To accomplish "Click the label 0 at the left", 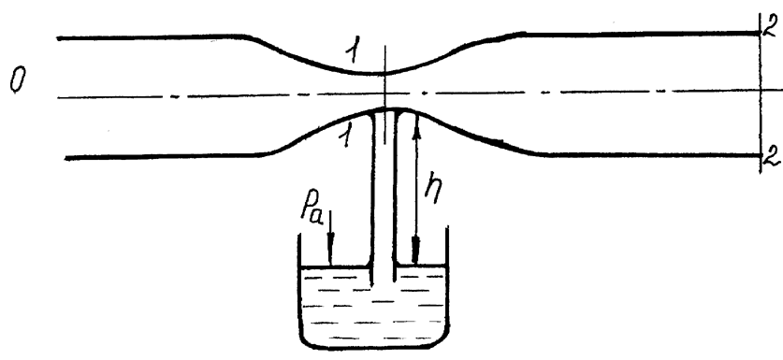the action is click(x=17, y=81).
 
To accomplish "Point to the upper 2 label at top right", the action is click(x=772, y=25).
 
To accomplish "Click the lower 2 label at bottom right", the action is click(x=772, y=156).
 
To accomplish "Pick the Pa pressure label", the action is click(x=312, y=209).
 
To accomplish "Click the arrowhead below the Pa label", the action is click(x=329, y=254).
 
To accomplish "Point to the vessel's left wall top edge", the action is click(x=299, y=234).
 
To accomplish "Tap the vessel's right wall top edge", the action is click(x=447, y=227).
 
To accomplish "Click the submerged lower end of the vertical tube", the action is click(x=383, y=283).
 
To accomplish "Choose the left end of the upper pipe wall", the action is click(x=58, y=38).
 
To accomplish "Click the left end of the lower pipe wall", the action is click(x=66, y=158).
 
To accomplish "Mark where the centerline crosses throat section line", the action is click(x=385, y=94).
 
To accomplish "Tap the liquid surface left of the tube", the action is click(x=335, y=267).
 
